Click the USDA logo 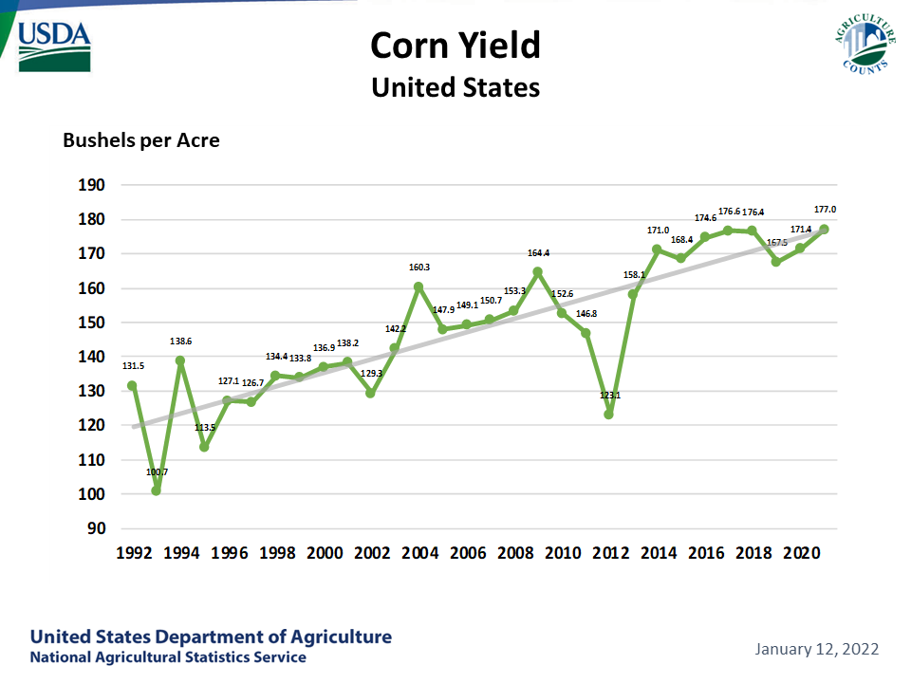click(x=55, y=45)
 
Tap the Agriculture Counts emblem click(x=865, y=44)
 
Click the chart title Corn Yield click(x=455, y=45)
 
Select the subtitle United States click(x=455, y=87)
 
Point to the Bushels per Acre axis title click(x=141, y=140)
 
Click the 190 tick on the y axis click(x=92, y=185)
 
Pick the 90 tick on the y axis click(x=96, y=528)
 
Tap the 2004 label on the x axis click(x=418, y=554)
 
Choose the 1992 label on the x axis click(x=133, y=554)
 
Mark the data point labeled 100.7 click(x=157, y=490)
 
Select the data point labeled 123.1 click(x=609, y=414)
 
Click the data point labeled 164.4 click(x=537, y=272)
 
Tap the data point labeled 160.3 click(x=418, y=286)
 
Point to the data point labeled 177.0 click(x=824, y=229)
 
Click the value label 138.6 click(x=180, y=341)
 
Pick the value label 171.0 click(x=657, y=231)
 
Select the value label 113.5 click(x=205, y=428)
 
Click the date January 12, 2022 click(x=817, y=650)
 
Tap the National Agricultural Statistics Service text click(x=168, y=657)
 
